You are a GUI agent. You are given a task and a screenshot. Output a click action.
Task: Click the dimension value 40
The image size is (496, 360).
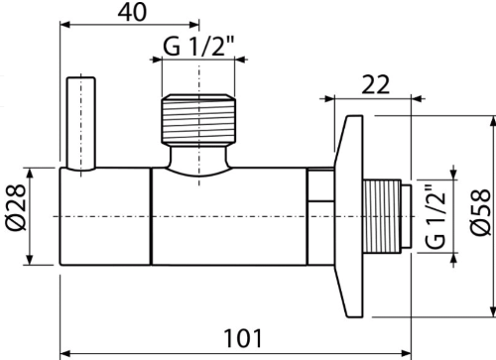132,13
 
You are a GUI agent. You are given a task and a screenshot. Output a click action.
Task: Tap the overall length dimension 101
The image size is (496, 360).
243,338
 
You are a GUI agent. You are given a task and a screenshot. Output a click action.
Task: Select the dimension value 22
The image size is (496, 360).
376,84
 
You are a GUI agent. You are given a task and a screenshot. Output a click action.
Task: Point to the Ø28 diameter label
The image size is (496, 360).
16,207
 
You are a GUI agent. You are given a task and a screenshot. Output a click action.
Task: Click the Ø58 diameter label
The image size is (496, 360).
481,212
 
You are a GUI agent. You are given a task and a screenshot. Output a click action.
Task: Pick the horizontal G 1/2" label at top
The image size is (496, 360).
198,46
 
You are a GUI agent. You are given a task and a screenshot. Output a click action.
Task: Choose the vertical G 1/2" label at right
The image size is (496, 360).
435,216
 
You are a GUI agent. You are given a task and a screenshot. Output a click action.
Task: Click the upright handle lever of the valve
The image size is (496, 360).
81,123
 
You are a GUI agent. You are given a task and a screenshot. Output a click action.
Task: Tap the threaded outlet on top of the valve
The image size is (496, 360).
198,120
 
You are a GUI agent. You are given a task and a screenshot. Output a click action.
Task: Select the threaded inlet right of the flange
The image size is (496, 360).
382,216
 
